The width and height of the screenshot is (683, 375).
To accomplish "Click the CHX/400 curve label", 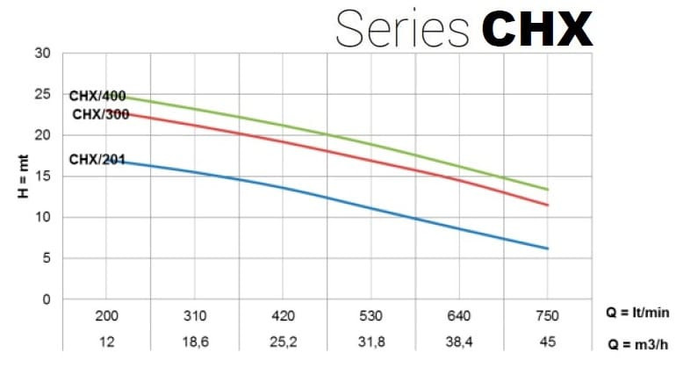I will click(98, 95).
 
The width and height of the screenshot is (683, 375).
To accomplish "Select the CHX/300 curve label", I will click(100, 113).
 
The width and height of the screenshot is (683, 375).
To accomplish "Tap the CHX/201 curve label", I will click(97, 160).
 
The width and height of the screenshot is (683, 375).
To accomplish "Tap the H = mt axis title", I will click(24, 177).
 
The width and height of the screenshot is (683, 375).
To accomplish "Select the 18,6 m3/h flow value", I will click(194, 342).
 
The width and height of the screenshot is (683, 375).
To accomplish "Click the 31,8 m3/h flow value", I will click(371, 342).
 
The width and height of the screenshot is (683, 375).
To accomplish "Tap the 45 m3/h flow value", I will click(547, 342).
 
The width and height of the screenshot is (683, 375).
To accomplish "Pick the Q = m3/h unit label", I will click(638, 343).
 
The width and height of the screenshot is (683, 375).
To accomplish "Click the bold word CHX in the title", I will click(537, 28).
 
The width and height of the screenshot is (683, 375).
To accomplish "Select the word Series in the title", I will click(402, 28).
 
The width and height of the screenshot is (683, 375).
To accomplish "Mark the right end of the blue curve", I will click(548, 249).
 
